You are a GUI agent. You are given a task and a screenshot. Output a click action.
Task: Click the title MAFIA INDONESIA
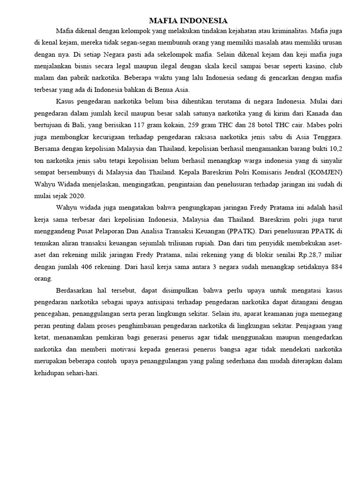[188, 21]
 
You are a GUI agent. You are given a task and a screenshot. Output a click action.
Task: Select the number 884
[335, 266]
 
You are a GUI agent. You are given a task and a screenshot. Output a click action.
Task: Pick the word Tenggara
[328, 138]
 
